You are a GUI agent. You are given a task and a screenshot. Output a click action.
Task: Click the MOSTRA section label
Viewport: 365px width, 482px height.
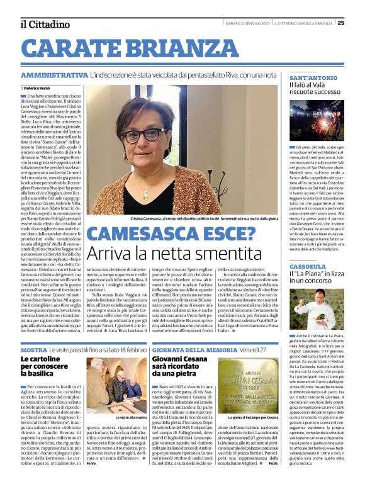[33, 349]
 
